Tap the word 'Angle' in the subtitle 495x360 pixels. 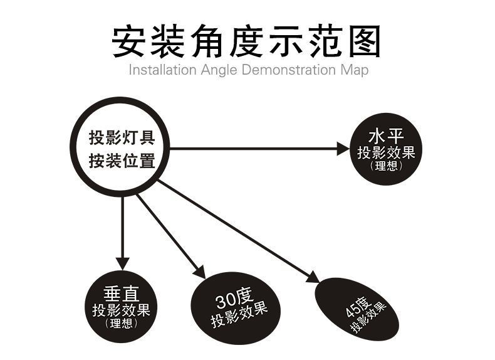219,70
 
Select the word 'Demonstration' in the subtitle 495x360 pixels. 288,70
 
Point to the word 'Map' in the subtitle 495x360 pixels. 355,70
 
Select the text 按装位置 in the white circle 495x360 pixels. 121,161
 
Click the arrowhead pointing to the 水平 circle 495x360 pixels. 342,149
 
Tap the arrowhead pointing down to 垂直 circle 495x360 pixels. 123,262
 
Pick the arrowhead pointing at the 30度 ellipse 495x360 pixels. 199,272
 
